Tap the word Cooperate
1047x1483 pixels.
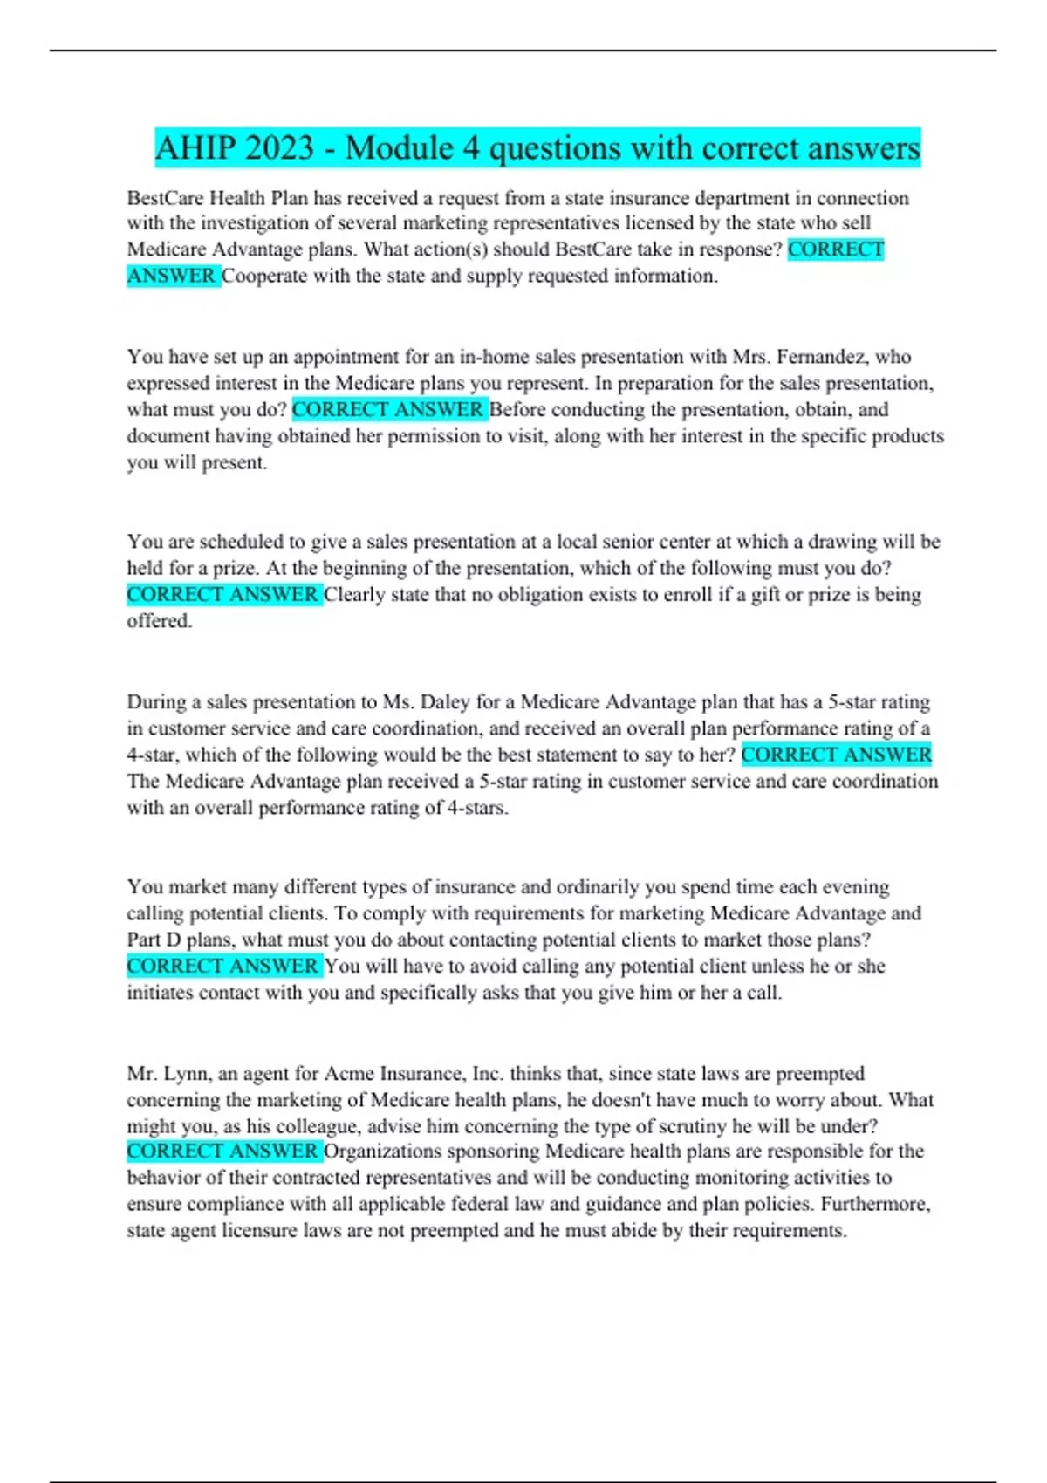(x=272, y=277)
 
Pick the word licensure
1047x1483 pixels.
(x=260, y=1231)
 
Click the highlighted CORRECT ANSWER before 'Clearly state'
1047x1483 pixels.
(x=222, y=595)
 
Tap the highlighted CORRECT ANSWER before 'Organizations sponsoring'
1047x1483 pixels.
(x=222, y=1152)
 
